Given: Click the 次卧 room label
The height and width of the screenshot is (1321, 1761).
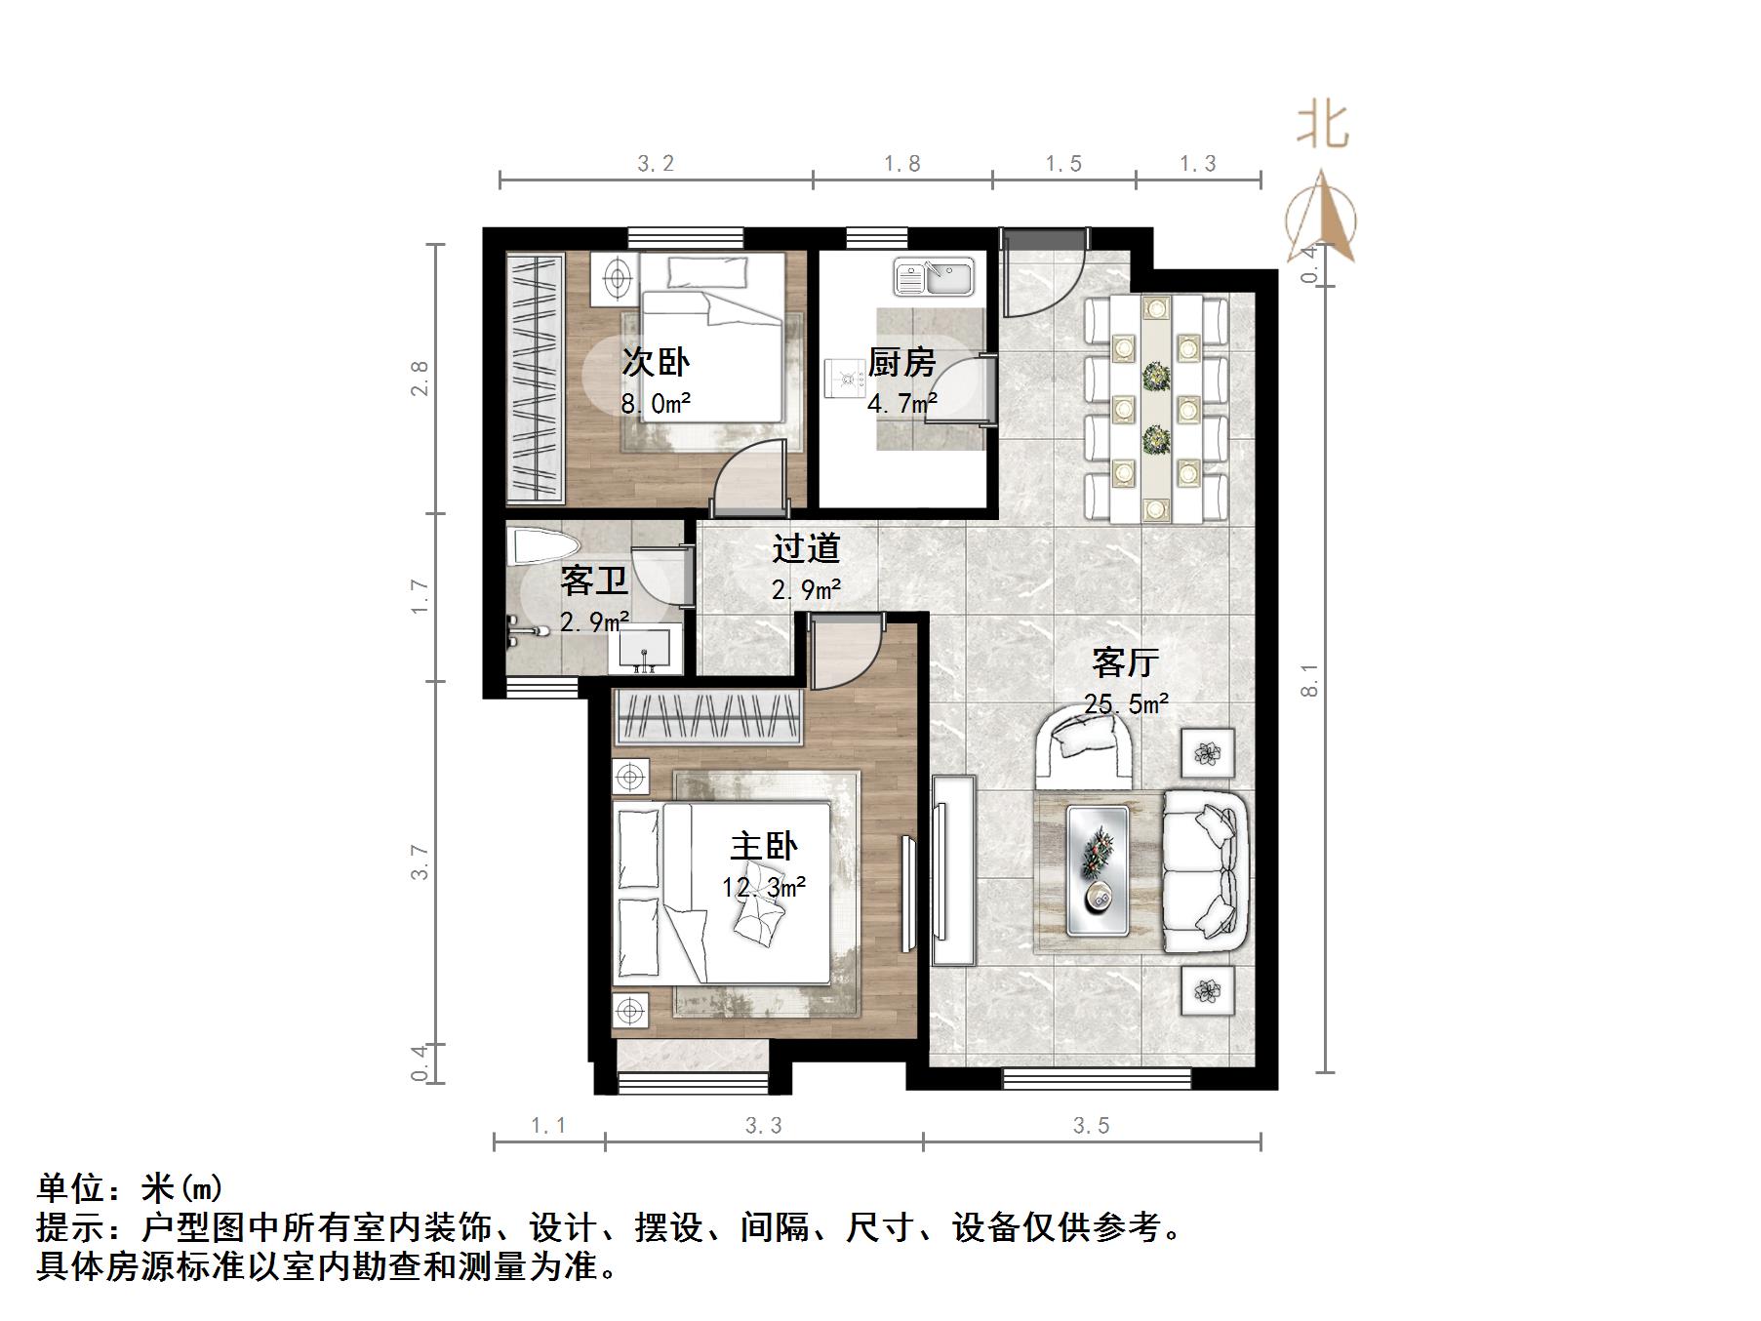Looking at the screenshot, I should (656, 363).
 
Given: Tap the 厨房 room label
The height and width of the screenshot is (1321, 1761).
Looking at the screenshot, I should (901, 363).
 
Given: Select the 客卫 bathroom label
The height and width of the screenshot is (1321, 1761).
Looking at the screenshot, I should (593, 582).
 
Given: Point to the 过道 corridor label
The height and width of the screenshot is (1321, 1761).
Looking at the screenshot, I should (806, 549).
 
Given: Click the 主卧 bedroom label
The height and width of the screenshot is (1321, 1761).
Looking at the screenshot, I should (764, 846).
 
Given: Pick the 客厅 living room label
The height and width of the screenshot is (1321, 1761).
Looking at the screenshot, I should (1125, 663).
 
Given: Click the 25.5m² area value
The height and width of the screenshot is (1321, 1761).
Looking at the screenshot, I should (1127, 702).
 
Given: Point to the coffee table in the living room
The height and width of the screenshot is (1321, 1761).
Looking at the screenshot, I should (1098, 869).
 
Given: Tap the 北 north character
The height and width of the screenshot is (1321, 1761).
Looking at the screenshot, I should (1322, 126).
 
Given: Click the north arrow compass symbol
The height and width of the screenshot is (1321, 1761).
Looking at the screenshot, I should (1322, 220).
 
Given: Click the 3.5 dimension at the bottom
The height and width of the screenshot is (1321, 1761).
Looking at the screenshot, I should (1091, 1126).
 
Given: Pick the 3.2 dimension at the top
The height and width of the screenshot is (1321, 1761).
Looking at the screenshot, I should (656, 164).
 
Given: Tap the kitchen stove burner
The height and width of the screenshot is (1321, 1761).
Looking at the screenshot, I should (843, 380).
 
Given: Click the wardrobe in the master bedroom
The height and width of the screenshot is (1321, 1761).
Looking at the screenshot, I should (708, 718).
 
